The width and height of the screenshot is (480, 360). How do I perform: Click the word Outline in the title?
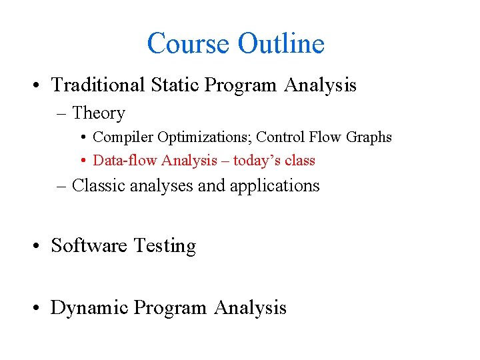(x=281, y=44)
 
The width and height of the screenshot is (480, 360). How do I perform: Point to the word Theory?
(x=99, y=114)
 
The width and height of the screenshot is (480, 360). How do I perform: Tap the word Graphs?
(x=369, y=137)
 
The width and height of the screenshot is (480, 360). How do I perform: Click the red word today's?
(x=259, y=161)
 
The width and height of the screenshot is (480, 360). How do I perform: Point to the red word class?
(x=301, y=161)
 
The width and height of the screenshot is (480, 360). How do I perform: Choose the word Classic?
(x=100, y=185)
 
